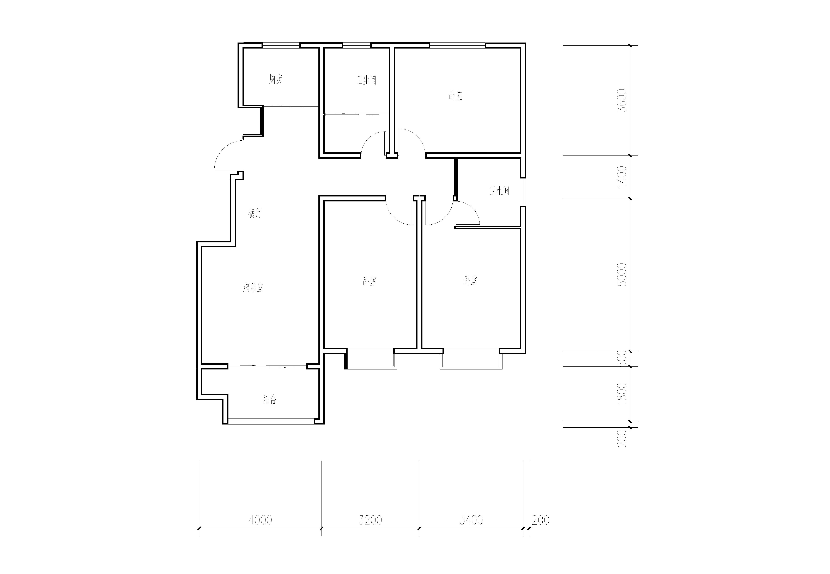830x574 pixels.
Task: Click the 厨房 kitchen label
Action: [x=276, y=79]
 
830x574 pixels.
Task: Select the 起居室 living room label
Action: [x=253, y=287]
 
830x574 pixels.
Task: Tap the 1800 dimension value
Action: [x=621, y=394]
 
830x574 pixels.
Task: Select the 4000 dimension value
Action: [x=260, y=520]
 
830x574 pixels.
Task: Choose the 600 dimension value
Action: [x=621, y=358]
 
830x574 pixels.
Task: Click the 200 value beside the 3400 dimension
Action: [x=540, y=520]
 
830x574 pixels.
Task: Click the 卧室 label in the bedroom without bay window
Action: [x=455, y=96]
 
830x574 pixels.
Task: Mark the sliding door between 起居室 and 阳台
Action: [x=267, y=367]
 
